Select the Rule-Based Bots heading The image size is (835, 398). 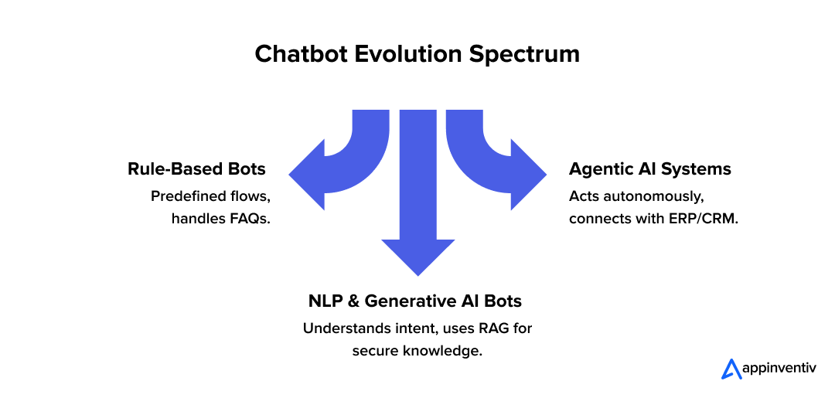tap(196, 168)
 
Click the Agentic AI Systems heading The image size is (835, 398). tap(650, 168)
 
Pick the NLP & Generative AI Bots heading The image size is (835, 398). tap(417, 301)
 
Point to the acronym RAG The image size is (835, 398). tap(493, 328)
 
